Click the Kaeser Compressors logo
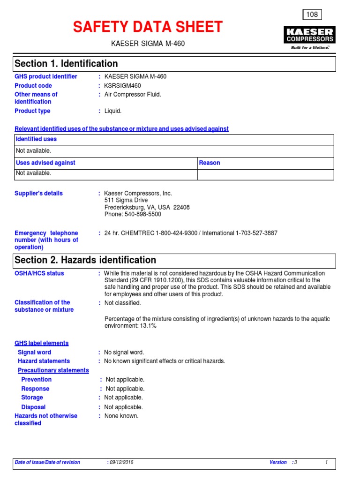[x=309, y=37]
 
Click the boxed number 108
[x=312, y=15]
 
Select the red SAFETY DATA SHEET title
[x=148, y=27]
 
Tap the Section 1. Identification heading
[x=67, y=64]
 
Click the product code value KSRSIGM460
[x=122, y=86]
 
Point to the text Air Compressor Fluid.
[x=133, y=94]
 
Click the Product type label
[x=32, y=111]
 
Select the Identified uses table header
[x=36, y=139]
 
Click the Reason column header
[x=210, y=163]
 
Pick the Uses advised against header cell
[x=45, y=163]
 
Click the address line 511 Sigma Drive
[x=126, y=200]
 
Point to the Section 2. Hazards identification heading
[x=85, y=260]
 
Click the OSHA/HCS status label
[x=39, y=273]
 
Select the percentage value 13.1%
[x=147, y=326]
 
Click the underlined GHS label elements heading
[x=42, y=343]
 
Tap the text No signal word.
[x=124, y=352]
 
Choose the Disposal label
[x=33, y=407]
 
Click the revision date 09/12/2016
[x=121, y=462]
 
